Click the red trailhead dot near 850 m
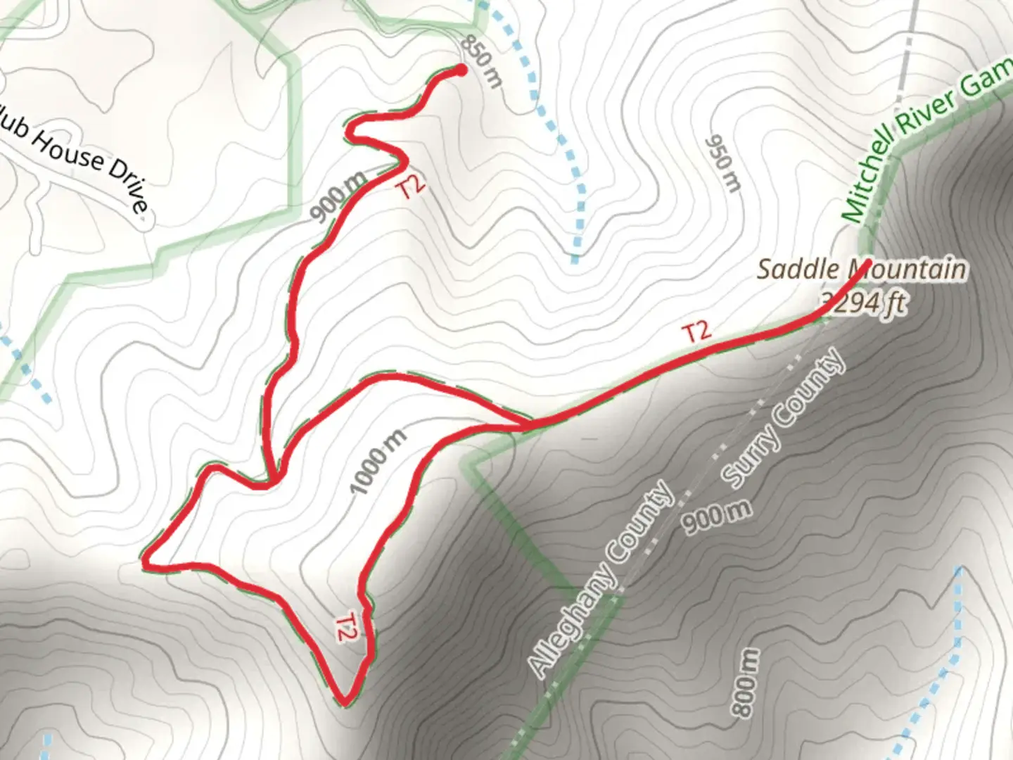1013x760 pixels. tap(461, 69)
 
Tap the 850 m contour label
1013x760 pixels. tap(481, 62)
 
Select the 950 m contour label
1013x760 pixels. tap(723, 163)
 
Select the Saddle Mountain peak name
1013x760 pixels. tap(861, 269)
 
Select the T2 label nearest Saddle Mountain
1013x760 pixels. tap(696, 331)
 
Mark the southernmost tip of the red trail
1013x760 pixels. tap(345, 701)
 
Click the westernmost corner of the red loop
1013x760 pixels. tap(145, 562)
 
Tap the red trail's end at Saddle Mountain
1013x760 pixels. tap(869, 262)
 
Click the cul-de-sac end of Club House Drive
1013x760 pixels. tap(144, 222)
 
